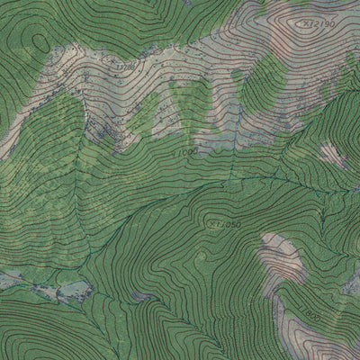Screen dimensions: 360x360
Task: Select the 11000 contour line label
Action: click(x=184, y=154)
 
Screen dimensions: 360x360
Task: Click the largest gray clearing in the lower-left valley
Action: click(x=72, y=290)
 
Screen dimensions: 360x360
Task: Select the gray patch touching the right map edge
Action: click(x=352, y=283)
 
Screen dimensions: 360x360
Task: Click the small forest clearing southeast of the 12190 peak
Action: click(x=332, y=153)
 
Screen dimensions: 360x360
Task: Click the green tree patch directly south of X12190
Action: click(x=270, y=72)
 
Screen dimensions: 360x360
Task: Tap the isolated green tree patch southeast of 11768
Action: click(x=144, y=117)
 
